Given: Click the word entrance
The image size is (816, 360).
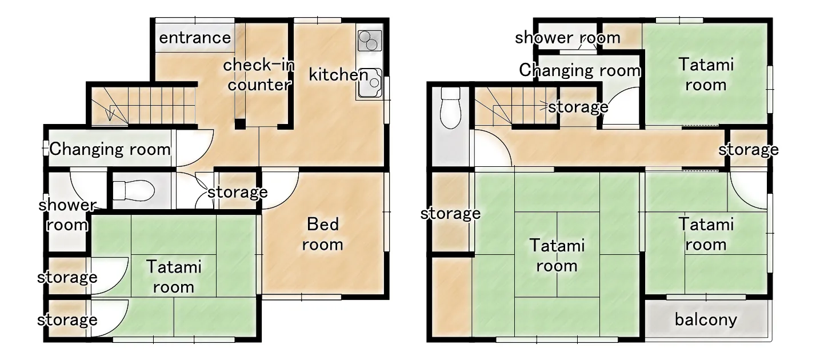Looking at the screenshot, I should [195, 38].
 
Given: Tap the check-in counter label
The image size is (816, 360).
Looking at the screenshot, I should [258, 75].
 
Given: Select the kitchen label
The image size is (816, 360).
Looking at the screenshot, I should [338, 74].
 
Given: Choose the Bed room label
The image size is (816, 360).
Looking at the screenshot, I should [323, 234].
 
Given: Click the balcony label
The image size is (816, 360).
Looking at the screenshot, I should [706, 319].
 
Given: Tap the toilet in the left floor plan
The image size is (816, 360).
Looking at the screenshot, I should [134, 189].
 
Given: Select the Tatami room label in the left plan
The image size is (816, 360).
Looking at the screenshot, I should [174, 277].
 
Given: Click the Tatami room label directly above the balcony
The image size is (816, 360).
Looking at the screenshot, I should [706, 234].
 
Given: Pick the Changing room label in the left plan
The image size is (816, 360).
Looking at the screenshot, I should [110, 150].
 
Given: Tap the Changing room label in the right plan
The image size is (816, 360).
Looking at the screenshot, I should [579, 70].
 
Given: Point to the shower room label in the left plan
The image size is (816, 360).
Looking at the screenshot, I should [67, 215].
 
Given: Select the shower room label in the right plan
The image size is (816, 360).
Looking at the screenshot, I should [567, 38].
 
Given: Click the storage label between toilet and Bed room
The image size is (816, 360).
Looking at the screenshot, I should [237, 192].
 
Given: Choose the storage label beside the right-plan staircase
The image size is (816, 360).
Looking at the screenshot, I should [578, 107].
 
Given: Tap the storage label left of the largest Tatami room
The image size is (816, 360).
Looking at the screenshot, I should [450, 214].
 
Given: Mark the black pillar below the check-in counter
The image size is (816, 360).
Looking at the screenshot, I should [241, 123].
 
